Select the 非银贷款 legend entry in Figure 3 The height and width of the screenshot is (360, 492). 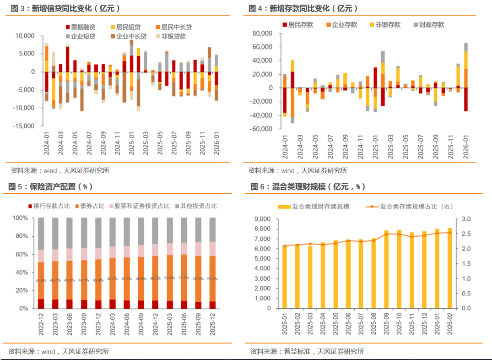point(173,36)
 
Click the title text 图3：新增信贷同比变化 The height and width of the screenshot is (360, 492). point(64,8)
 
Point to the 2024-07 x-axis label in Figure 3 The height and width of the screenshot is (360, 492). point(89,144)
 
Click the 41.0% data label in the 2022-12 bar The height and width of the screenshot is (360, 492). point(41,281)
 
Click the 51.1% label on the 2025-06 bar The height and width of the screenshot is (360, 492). point(184,278)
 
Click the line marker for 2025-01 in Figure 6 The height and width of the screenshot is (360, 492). point(285,246)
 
